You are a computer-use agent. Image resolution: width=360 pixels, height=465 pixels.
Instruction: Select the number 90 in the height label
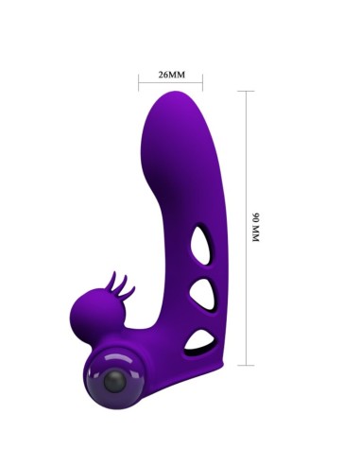(254, 217)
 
